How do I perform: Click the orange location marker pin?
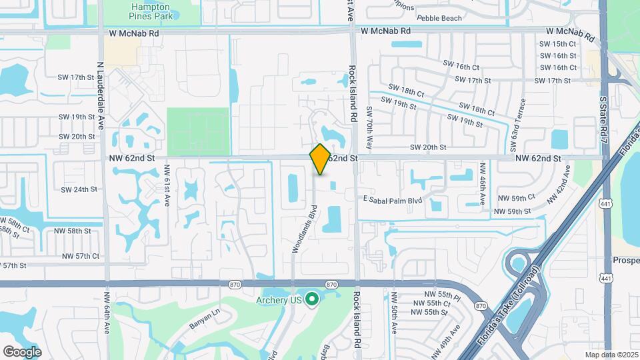[x=320, y=159]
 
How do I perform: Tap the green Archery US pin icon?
[x=311, y=299]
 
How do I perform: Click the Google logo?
[x=22, y=351]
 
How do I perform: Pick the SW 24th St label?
[x=79, y=189]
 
